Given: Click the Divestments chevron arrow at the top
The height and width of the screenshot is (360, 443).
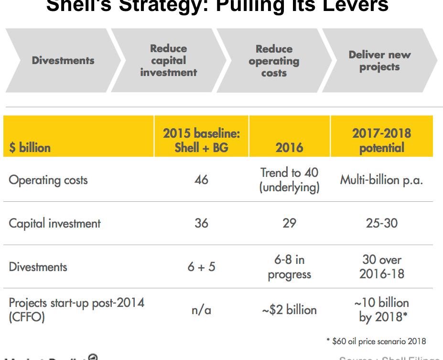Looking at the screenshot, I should point(63,61).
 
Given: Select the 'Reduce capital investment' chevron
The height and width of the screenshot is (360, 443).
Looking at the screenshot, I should point(168,61).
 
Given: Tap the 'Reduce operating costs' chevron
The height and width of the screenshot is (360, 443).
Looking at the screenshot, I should point(274,61).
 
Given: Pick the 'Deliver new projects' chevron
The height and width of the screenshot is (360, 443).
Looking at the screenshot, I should point(379,61).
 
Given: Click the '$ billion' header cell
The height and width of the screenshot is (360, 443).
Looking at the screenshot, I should point(30,147).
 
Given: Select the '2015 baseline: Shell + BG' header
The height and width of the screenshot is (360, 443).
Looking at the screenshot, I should point(201,140).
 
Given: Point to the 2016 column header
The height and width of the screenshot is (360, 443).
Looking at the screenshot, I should point(289,147).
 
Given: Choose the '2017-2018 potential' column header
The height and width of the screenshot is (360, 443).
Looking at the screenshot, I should point(381,140).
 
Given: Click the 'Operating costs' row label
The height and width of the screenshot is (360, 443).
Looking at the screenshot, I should point(48,180).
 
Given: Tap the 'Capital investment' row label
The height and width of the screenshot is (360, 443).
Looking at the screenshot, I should point(55,223).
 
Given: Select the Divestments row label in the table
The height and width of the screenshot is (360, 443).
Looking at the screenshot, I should point(38,266).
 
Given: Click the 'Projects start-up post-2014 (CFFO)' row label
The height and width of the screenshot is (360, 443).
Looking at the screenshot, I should point(76,310).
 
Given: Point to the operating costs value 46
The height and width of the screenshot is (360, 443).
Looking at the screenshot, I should point(201,180).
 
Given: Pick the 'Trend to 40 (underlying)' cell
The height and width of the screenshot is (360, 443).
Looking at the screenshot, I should point(289,180).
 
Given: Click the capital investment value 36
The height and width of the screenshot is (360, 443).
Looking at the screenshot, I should point(201,223).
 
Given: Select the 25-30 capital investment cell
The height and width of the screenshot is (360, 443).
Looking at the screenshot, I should point(381,223).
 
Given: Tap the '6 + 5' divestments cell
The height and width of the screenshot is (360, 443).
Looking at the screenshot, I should point(201,266).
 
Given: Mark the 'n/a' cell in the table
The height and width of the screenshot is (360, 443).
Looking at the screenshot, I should point(201,310).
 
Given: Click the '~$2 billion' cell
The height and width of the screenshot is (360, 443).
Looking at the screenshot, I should point(289,310).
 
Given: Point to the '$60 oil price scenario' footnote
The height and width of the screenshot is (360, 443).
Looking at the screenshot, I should point(376,341).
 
